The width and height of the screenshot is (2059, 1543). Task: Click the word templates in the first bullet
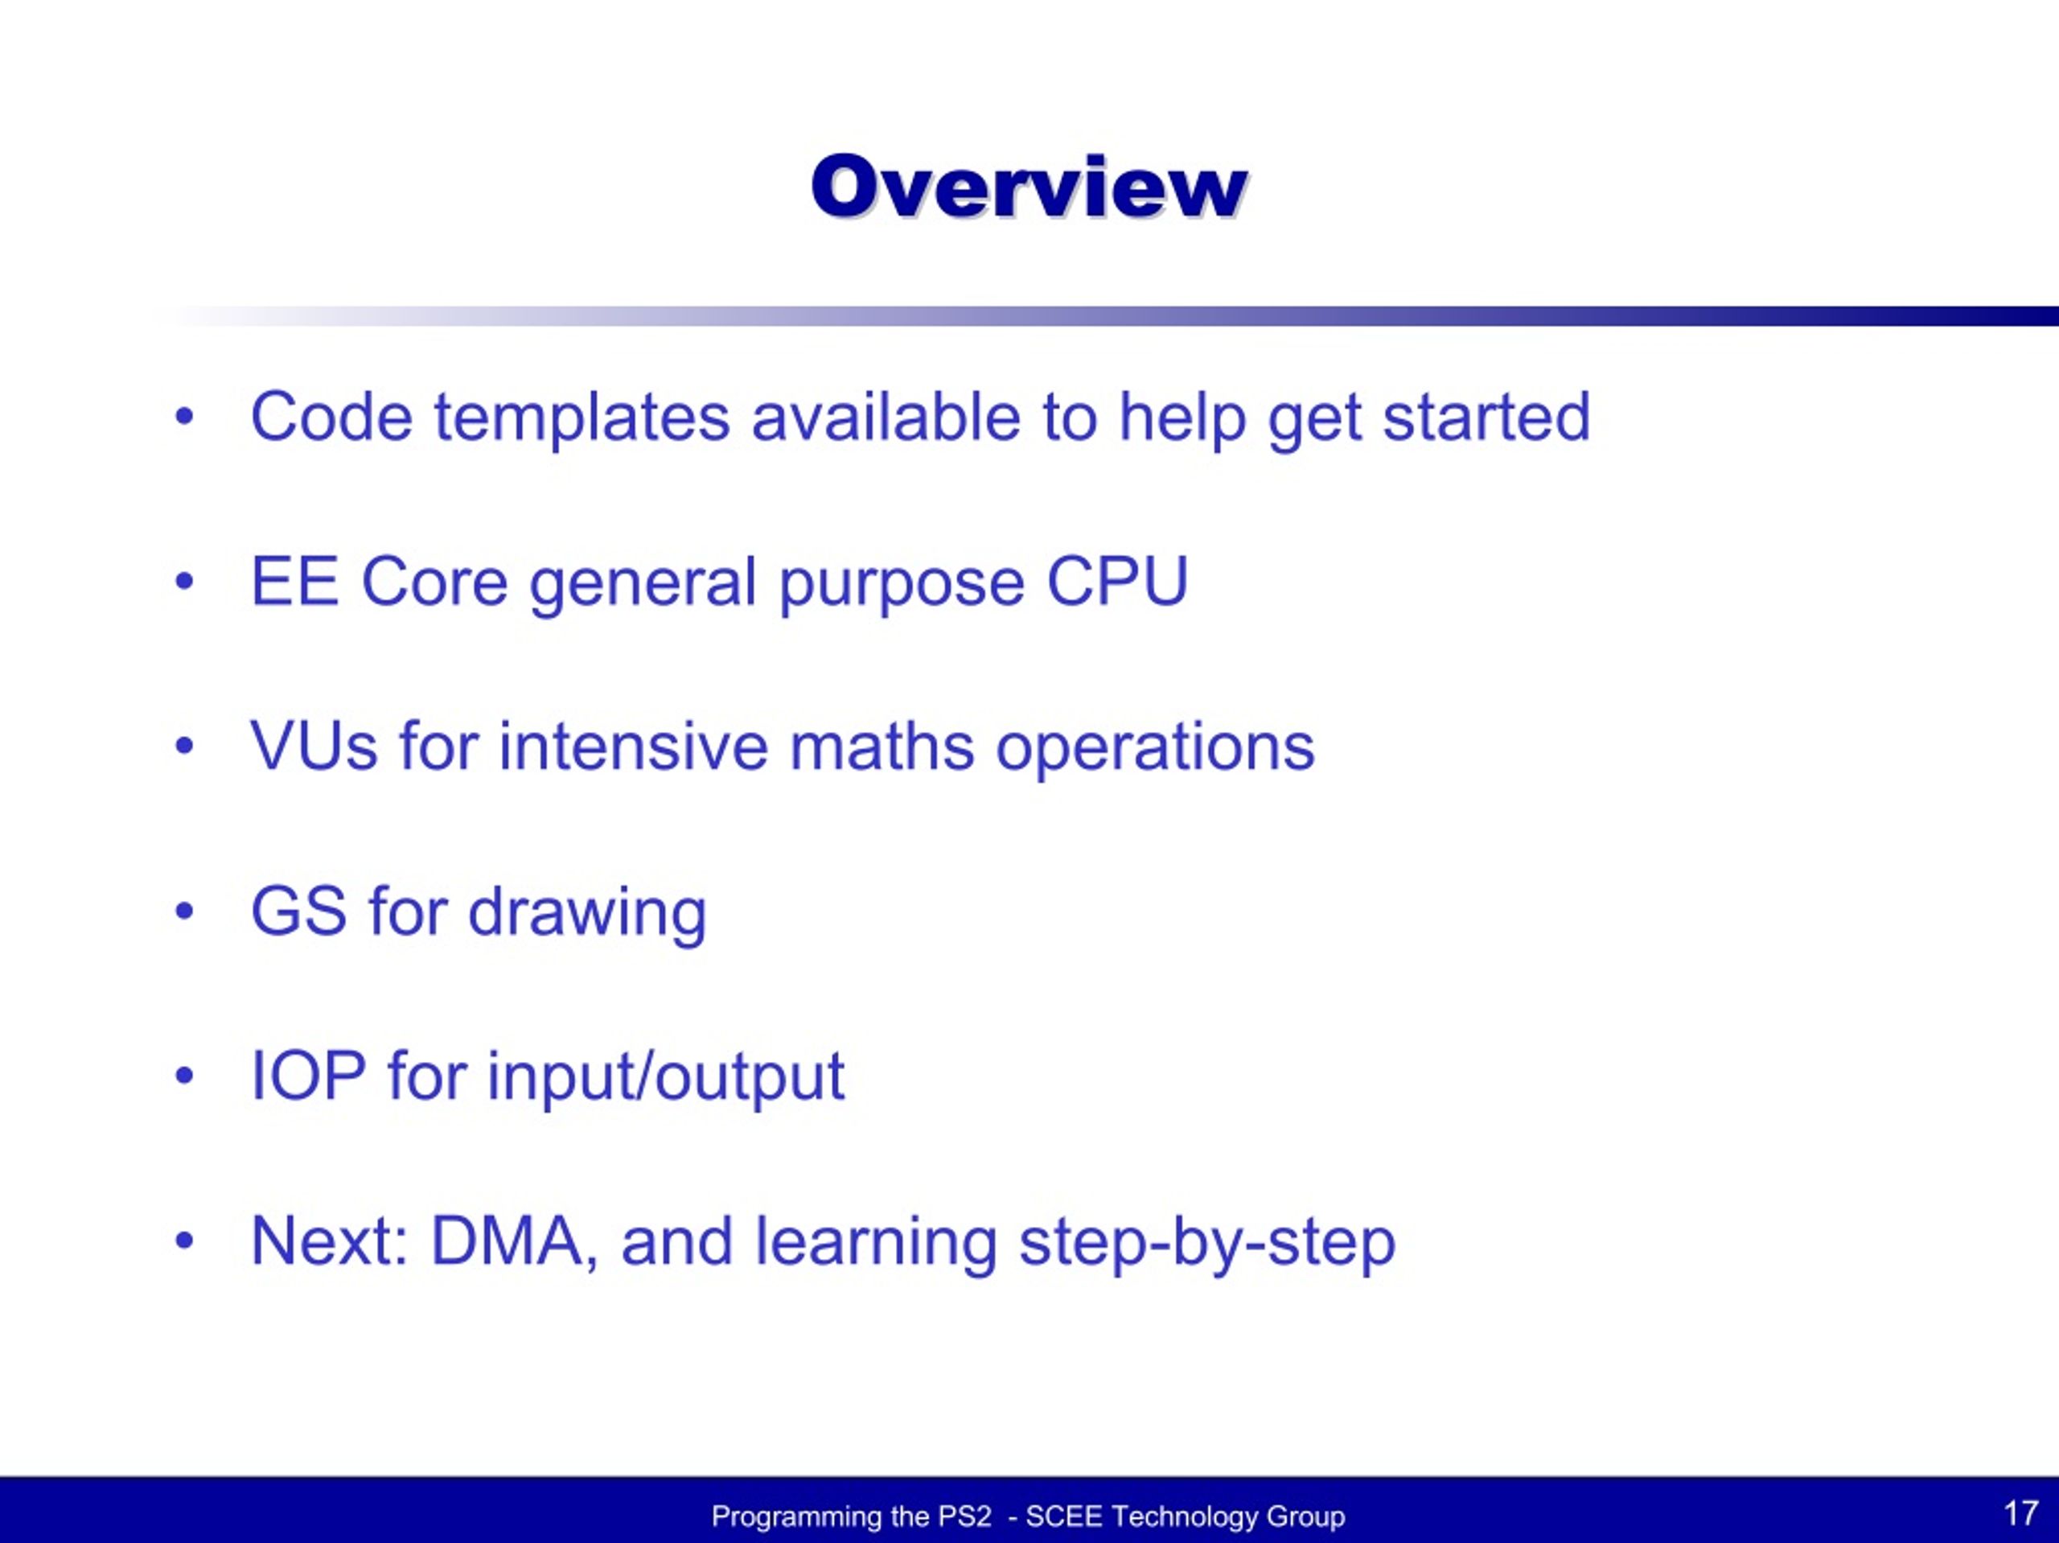click(x=582, y=418)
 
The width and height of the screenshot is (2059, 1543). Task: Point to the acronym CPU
click(x=1117, y=581)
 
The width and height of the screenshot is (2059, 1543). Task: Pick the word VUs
click(x=314, y=746)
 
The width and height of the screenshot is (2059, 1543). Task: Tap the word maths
click(x=882, y=746)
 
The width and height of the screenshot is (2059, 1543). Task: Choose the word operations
click(x=1155, y=747)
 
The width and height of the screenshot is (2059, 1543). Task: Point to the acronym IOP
click(x=308, y=1076)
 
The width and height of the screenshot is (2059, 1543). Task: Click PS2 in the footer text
click(x=964, y=1516)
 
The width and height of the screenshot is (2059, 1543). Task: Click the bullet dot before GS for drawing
click(x=184, y=911)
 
